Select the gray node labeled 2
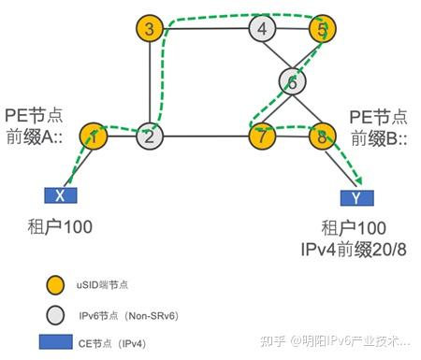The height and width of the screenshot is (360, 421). (150, 136)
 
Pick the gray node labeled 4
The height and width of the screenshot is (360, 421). (263, 28)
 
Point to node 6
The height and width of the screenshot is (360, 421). (292, 82)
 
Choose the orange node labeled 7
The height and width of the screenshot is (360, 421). (263, 137)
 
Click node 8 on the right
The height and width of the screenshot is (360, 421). (321, 137)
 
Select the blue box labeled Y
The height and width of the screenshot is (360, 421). (356, 197)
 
